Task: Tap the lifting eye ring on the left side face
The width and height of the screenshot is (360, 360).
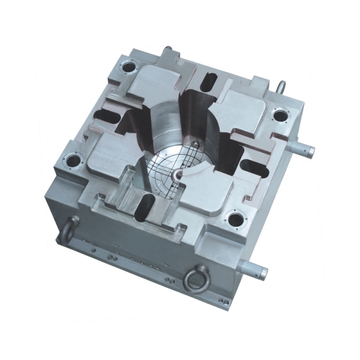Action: [x=69, y=227]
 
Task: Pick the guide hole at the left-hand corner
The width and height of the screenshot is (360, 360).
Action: [x=74, y=161]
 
